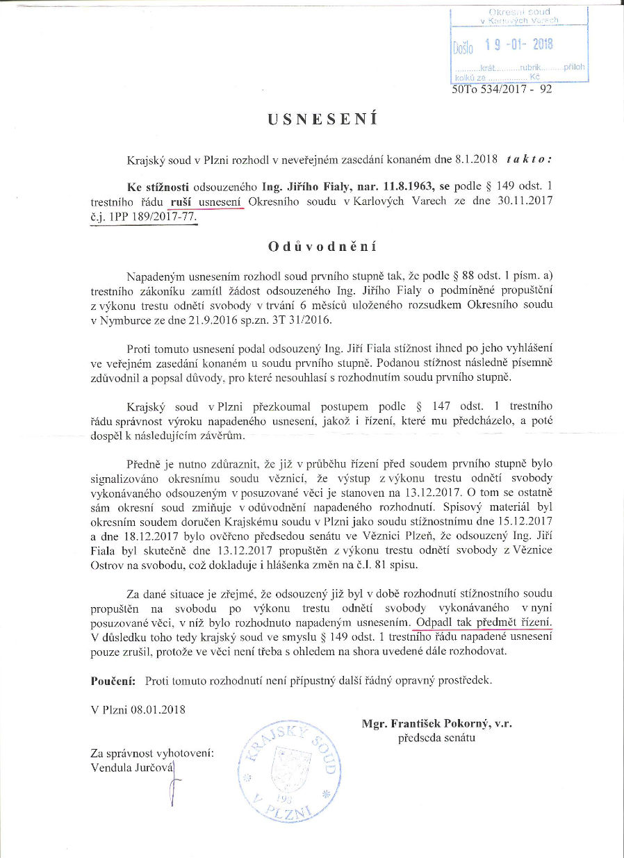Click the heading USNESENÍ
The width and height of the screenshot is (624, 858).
[x=322, y=119]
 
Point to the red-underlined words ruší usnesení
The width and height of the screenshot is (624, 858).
[x=206, y=201]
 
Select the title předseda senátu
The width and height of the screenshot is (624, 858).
[x=436, y=737]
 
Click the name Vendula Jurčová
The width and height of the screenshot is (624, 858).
[x=131, y=767]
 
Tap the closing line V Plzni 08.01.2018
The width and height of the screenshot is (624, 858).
[x=138, y=709]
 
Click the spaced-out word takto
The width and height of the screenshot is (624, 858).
[x=529, y=158]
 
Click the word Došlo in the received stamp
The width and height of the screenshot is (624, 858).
[x=463, y=48]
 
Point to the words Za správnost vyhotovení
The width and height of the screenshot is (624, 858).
[x=151, y=753]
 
